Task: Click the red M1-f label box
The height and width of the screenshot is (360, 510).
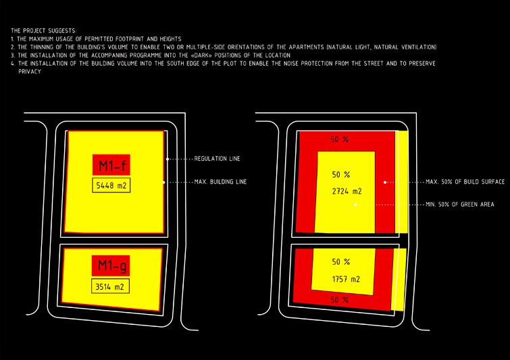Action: (111, 165)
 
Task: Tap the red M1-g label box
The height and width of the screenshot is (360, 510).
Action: (111, 265)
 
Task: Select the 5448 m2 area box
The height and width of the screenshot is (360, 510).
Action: (111, 185)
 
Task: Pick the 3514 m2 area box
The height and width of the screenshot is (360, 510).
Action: (110, 286)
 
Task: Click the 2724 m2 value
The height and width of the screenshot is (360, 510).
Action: (347, 191)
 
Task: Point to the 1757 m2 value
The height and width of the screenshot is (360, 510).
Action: (346, 279)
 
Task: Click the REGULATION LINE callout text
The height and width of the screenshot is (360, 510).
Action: (218, 159)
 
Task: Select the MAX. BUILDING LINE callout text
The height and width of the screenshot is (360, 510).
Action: (220, 182)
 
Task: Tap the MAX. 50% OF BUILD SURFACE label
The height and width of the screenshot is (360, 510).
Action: (465, 182)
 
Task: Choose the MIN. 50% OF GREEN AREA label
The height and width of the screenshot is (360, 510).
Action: (460, 205)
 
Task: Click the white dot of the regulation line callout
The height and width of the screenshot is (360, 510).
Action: (168, 159)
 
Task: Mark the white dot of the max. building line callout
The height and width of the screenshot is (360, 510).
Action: (164, 182)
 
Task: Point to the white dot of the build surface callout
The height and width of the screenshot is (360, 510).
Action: (385, 182)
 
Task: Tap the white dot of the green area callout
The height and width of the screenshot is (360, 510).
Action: (355, 205)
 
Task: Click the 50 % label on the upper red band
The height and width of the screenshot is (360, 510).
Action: (340, 140)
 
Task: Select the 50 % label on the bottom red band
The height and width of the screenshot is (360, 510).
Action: (340, 300)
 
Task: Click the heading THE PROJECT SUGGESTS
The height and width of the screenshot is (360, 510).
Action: (44, 31)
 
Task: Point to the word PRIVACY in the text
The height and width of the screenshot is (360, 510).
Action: (30, 72)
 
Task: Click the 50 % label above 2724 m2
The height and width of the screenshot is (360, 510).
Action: (341, 175)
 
